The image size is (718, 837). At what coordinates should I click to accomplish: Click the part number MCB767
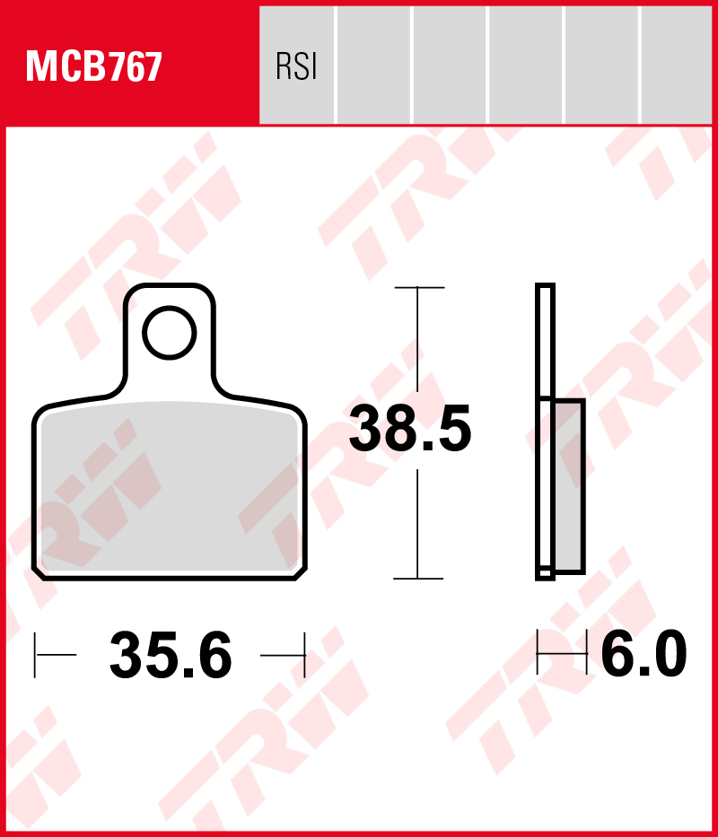click(93, 66)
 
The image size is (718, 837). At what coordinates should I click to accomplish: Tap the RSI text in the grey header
click(296, 66)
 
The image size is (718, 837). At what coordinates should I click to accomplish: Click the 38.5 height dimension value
click(410, 428)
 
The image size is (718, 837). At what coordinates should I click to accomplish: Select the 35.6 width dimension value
click(171, 655)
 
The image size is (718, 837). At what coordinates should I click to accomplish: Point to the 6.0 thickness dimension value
click(644, 653)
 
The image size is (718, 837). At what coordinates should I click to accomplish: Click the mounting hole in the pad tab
click(170, 333)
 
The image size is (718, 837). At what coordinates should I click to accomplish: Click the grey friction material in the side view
click(568, 485)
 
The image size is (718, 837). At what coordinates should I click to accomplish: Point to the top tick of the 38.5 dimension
click(419, 288)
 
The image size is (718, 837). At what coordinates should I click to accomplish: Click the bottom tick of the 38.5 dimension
click(418, 578)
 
